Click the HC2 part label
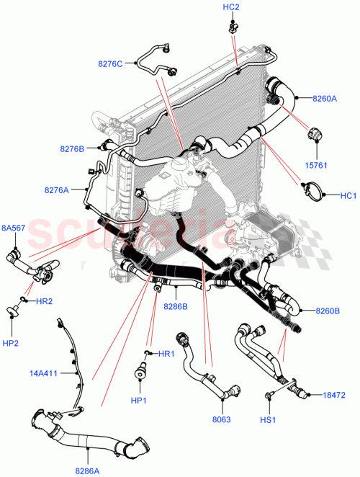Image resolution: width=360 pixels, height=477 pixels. click(x=231, y=7)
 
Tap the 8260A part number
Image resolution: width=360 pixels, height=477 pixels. click(x=324, y=99)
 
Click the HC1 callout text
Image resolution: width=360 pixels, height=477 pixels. click(x=348, y=195)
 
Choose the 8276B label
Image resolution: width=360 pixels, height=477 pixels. click(x=73, y=149)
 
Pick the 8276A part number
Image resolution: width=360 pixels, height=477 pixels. click(x=57, y=190)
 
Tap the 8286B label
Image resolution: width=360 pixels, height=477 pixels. click(x=176, y=306)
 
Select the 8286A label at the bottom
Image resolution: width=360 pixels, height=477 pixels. click(x=88, y=470)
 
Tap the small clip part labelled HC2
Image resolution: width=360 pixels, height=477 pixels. click(x=233, y=27)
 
